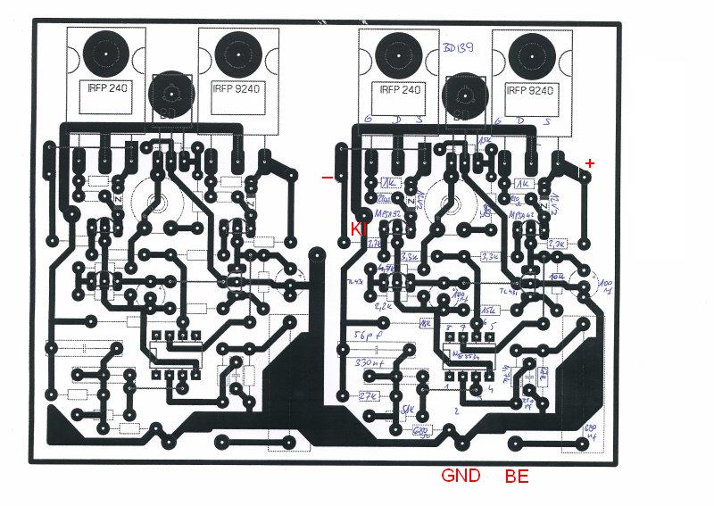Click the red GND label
(x=461, y=475)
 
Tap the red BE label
(x=517, y=476)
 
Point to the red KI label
(x=359, y=230)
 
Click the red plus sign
(x=589, y=162)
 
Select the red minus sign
(x=328, y=177)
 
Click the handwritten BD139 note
(x=461, y=49)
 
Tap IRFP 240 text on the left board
(x=105, y=89)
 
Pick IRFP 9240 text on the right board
(x=530, y=89)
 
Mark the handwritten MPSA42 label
(x=520, y=215)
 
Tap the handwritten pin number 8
(x=449, y=328)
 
